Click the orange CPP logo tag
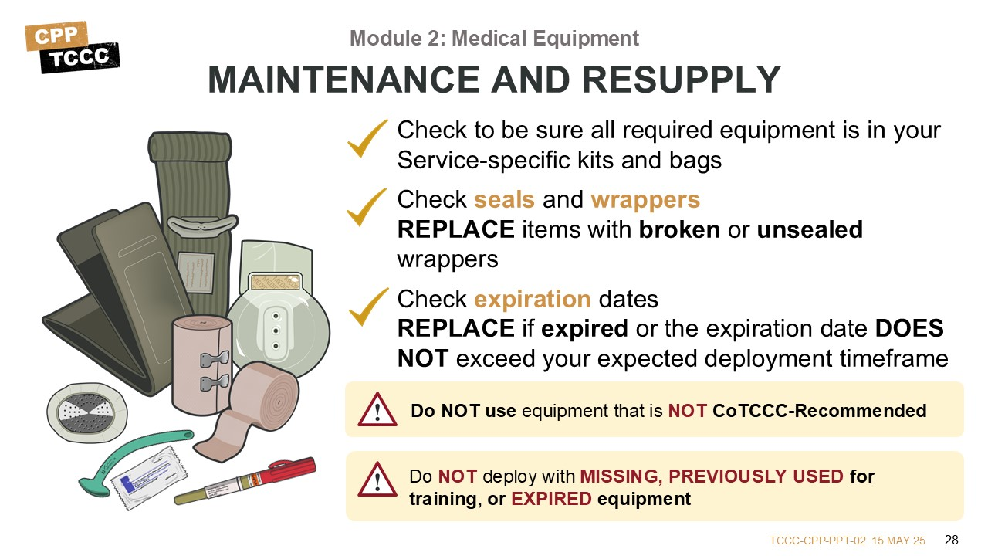(56, 36)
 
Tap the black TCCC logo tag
(80, 57)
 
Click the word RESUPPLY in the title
(682, 80)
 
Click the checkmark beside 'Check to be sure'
(367, 138)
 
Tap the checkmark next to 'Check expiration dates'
(368, 307)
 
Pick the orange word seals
(504, 199)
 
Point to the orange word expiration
(533, 300)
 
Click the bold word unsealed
(810, 229)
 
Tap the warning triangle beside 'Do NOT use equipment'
(377, 409)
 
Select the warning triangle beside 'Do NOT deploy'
(377, 480)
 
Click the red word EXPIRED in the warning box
(551, 499)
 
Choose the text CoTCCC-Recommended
(819, 411)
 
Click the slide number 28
(952, 540)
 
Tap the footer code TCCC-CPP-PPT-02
(817, 541)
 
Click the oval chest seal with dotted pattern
(87, 412)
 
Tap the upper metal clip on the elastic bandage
(215, 359)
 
